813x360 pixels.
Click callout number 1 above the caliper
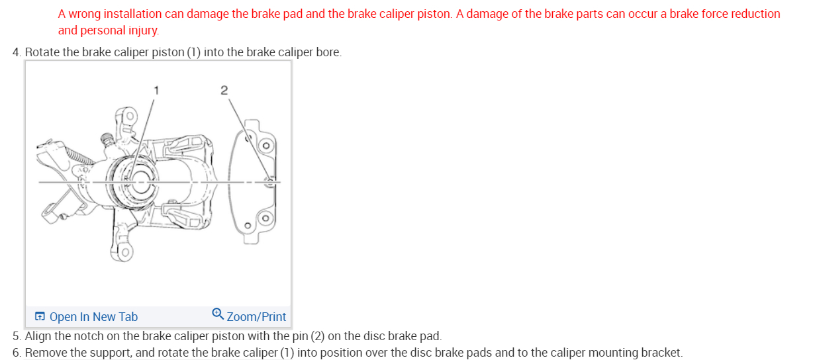pyautogui.click(x=156, y=89)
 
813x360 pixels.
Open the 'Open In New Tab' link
pyautogui.click(x=93, y=317)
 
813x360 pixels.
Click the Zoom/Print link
pyautogui.click(x=256, y=317)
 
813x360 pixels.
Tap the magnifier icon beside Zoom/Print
pyautogui.click(x=218, y=315)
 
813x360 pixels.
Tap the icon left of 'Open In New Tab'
pyautogui.click(x=40, y=317)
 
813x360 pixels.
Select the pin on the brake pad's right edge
pyautogui.click(x=269, y=180)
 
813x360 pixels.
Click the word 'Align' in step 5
pyautogui.click(x=38, y=336)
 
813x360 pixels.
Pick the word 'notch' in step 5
pyautogui.click(x=93, y=336)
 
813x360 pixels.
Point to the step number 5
pyautogui.click(x=16, y=336)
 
